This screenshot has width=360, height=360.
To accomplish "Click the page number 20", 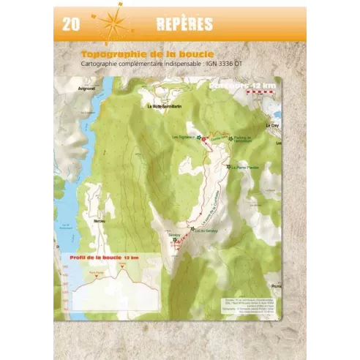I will click(70, 24).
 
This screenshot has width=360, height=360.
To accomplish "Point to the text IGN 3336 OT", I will click(226, 64).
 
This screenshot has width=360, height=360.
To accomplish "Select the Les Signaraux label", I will click(183, 136).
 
